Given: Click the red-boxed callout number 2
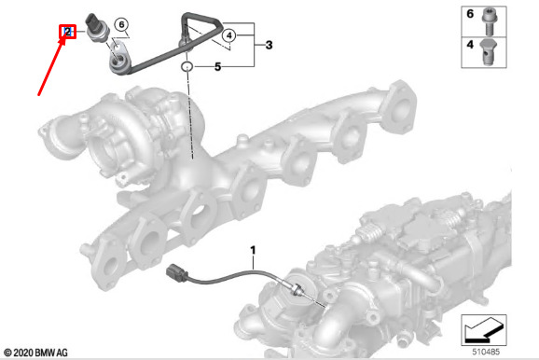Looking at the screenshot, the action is click(x=68, y=32).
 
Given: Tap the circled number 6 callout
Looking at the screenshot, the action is click(x=121, y=24).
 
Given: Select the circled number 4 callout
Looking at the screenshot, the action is click(x=229, y=35).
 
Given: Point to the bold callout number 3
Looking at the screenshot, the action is click(x=269, y=45).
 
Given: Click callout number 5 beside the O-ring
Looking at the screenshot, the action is click(x=217, y=67).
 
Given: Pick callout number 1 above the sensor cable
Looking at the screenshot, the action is click(x=253, y=250).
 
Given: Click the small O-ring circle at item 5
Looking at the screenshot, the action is click(x=187, y=66).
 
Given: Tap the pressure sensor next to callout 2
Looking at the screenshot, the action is click(x=98, y=27).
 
